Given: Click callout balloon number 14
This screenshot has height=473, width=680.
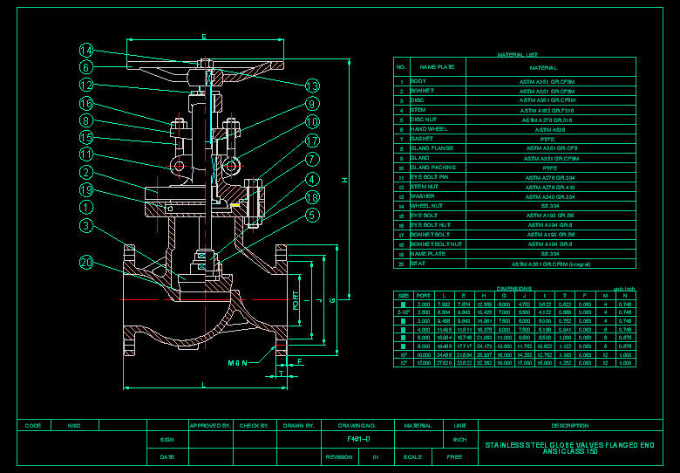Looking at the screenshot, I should coord(86,50).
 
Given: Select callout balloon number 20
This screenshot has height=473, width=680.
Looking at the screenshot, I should coord(86,263).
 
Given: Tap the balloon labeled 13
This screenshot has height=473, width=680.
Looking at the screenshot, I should coord(312,86).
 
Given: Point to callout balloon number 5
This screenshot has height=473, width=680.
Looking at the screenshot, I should coord(312,215).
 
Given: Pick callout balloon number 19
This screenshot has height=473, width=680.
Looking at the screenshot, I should coord(86,190).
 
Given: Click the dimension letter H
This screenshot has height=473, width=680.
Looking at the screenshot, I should coord(344,181).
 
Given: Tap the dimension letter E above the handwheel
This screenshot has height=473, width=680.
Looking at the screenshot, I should coord(203,36).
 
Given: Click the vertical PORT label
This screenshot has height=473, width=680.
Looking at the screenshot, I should coord(296,301).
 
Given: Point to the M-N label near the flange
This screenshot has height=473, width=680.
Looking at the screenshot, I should coord(237,362).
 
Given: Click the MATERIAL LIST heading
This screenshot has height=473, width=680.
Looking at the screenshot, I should coord(517,54).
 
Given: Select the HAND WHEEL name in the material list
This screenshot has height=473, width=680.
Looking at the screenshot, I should coord(429,129).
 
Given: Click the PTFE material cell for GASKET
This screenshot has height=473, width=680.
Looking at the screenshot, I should coord(547,139).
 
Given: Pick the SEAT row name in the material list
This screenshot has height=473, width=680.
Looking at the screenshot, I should coord(418,263).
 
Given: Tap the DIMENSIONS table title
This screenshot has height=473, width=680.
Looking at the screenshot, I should coord(513,288).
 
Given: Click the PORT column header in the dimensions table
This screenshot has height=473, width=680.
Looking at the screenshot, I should coord(424,296).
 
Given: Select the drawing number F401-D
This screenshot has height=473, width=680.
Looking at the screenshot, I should coord(358,439).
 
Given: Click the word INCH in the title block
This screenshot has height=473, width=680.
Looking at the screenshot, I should coord(459,439).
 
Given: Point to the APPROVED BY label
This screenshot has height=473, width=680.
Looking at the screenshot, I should coord(209,426).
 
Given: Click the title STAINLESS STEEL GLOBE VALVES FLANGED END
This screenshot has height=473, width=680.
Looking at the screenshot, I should coord(569,445).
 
